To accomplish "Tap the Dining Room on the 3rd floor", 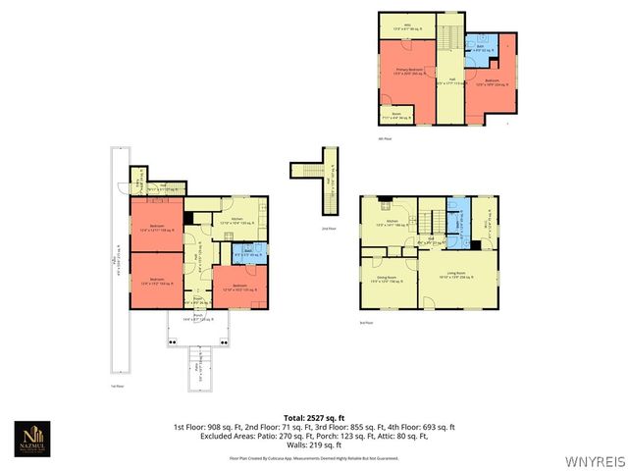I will [389, 280].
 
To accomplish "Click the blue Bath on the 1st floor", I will [250, 252].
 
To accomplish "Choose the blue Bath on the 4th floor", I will [478, 45].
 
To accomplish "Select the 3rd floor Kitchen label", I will [392, 222].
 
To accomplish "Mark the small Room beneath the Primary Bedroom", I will [397, 116].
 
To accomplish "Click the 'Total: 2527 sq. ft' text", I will [314, 418].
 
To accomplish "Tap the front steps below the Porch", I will [198, 371].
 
